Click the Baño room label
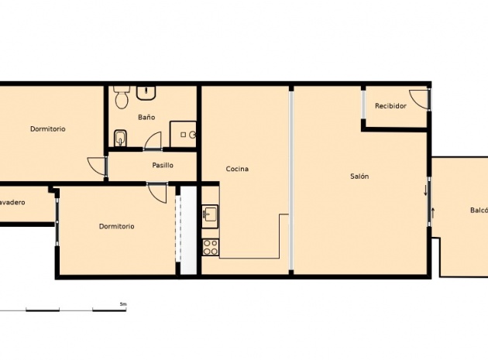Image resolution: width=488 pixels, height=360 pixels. pos(146,117)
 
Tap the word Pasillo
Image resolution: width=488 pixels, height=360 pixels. pos(163,165)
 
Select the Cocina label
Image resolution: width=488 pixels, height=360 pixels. pos(237,169)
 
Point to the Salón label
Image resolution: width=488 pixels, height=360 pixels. pos(359,177)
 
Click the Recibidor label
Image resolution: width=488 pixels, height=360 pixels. pos(390,105)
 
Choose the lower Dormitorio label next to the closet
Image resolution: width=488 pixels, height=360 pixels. pos(117,226)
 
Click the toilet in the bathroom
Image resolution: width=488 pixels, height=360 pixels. pos(121,98)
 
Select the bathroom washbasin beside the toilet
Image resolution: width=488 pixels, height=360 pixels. pos(147,94)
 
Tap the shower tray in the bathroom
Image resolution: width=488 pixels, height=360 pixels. pos(184,134)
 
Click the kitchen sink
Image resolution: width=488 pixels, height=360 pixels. pos(211,214)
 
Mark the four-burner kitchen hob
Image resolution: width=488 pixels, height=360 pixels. pos(211,248)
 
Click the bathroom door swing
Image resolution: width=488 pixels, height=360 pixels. pos(153,141)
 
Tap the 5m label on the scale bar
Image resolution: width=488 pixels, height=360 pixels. pos(122,304)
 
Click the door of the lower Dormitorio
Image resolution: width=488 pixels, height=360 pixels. pos(157,191)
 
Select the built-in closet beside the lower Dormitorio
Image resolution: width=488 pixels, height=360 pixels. pos(186,230)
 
